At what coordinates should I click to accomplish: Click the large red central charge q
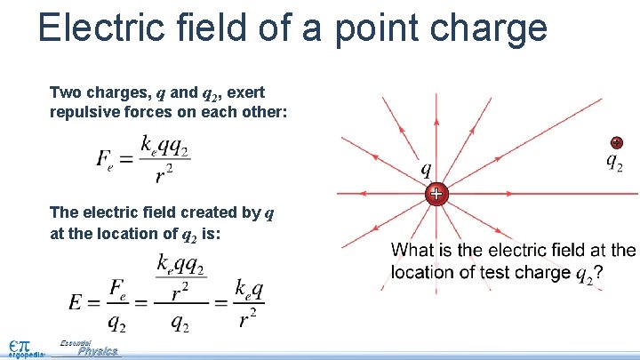pos(436,194)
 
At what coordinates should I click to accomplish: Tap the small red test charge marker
pos(616,142)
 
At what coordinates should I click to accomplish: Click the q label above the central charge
pos(428,168)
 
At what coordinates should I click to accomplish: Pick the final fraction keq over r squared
pos(248,303)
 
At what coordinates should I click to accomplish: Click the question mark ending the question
pos(598,273)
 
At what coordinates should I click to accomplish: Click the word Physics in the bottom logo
pos(97,351)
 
